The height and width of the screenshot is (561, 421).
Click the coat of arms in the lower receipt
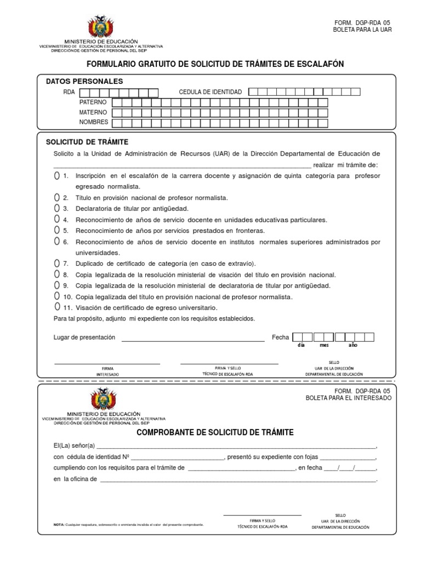click(x=103, y=399)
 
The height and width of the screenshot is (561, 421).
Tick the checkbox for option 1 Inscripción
click(x=57, y=176)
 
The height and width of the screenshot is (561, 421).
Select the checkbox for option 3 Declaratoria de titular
click(x=57, y=209)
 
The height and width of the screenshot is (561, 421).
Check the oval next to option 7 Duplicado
click(x=57, y=264)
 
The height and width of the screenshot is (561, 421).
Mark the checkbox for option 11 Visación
click(x=57, y=307)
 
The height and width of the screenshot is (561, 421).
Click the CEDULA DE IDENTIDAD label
click(x=210, y=92)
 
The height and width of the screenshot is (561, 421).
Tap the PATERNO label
click(x=93, y=102)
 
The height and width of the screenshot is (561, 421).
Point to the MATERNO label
click(x=93, y=112)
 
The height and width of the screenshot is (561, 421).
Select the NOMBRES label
click(x=94, y=122)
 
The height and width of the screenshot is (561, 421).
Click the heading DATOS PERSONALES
click(x=84, y=81)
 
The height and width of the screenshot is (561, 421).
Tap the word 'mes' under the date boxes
click(x=325, y=346)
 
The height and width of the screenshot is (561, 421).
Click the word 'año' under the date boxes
click(x=353, y=346)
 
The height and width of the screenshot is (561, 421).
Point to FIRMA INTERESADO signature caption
click(x=107, y=371)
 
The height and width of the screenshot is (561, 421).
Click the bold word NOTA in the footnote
click(x=59, y=524)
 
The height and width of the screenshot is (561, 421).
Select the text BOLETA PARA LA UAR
click(x=362, y=30)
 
